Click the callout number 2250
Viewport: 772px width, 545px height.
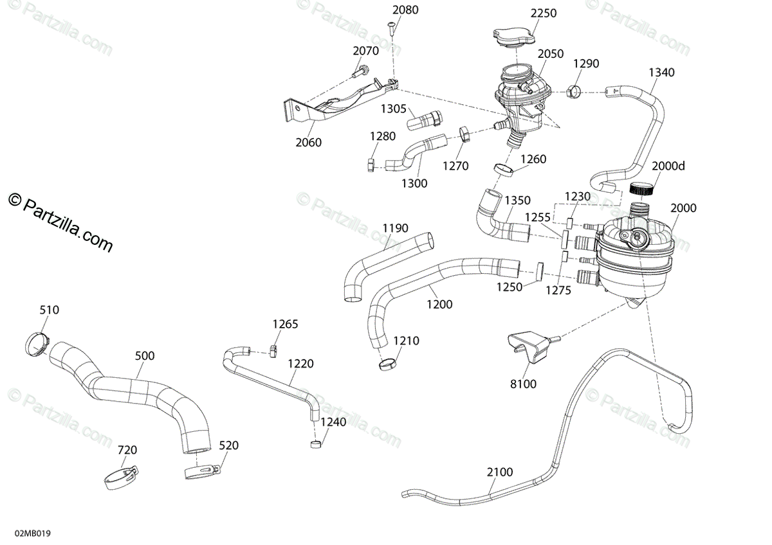coord(544,13)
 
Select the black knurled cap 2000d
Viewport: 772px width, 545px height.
coord(641,189)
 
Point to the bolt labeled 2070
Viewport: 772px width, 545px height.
coord(360,71)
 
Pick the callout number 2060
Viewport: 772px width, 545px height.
coord(308,142)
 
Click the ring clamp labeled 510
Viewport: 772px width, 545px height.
coord(37,344)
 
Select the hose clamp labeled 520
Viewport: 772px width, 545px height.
coord(201,472)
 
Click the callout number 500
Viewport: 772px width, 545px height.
coord(145,355)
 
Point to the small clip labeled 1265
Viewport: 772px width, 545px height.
coord(273,351)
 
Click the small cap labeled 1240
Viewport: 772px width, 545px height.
coord(316,444)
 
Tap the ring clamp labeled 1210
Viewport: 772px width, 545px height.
coord(387,364)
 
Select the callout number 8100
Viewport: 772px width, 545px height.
coord(523,384)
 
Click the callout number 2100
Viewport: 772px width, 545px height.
coord(500,472)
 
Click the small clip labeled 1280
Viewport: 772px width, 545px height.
coord(371,165)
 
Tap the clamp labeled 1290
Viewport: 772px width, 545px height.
coord(573,91)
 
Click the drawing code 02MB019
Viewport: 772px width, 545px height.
coord(33,533)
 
